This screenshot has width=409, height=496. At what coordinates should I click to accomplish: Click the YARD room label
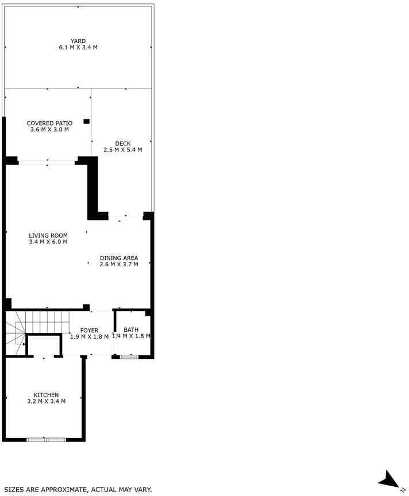tap(78, 41)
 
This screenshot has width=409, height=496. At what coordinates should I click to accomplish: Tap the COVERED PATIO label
tap(49, 123)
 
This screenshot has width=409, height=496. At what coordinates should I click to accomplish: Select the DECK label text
tap(123, 144)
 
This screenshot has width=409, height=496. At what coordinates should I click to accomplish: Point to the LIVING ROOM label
tap(48, 236)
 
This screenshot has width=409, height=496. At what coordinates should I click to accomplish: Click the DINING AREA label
tap(119, 258)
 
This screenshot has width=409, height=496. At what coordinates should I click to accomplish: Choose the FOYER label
tap(89, 331)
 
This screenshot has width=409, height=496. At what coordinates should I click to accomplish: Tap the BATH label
tap(131, 330)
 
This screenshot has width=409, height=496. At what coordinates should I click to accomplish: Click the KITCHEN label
tap(46, 395)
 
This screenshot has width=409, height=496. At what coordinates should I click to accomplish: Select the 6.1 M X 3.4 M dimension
tap(78, 48)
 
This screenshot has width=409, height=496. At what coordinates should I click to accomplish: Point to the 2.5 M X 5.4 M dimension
tap(123, 150)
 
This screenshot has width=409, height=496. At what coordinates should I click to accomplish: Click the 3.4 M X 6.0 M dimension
tap(48, 242)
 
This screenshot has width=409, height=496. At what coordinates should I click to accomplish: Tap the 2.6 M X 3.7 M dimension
tap(119, 265)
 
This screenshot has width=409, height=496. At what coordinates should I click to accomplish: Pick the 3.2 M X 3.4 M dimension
tap(46, 401)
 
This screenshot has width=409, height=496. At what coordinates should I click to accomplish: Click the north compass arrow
tap(389, 480)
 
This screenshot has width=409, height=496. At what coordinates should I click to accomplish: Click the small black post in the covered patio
tap(86, 122)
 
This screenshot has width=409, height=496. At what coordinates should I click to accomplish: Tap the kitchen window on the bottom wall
tap(46, 440)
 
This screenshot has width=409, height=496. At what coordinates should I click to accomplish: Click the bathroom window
tap(129, 357)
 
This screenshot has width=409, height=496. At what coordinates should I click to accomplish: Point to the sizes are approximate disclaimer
tap(78, 490)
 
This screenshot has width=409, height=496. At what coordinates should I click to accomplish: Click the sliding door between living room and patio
tap(47, 163)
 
